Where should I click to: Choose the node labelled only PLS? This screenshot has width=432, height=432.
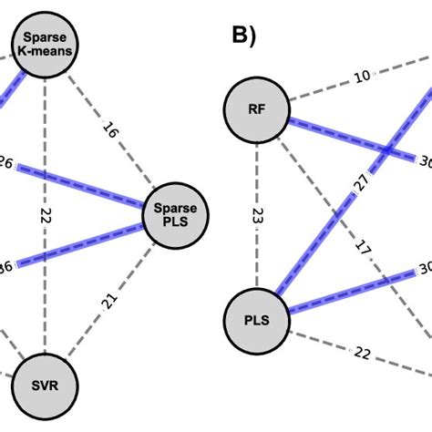click(257, 318)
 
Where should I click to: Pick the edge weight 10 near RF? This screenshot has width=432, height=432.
click(363, 76)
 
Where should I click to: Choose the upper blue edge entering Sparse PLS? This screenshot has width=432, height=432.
click(91, 187)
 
